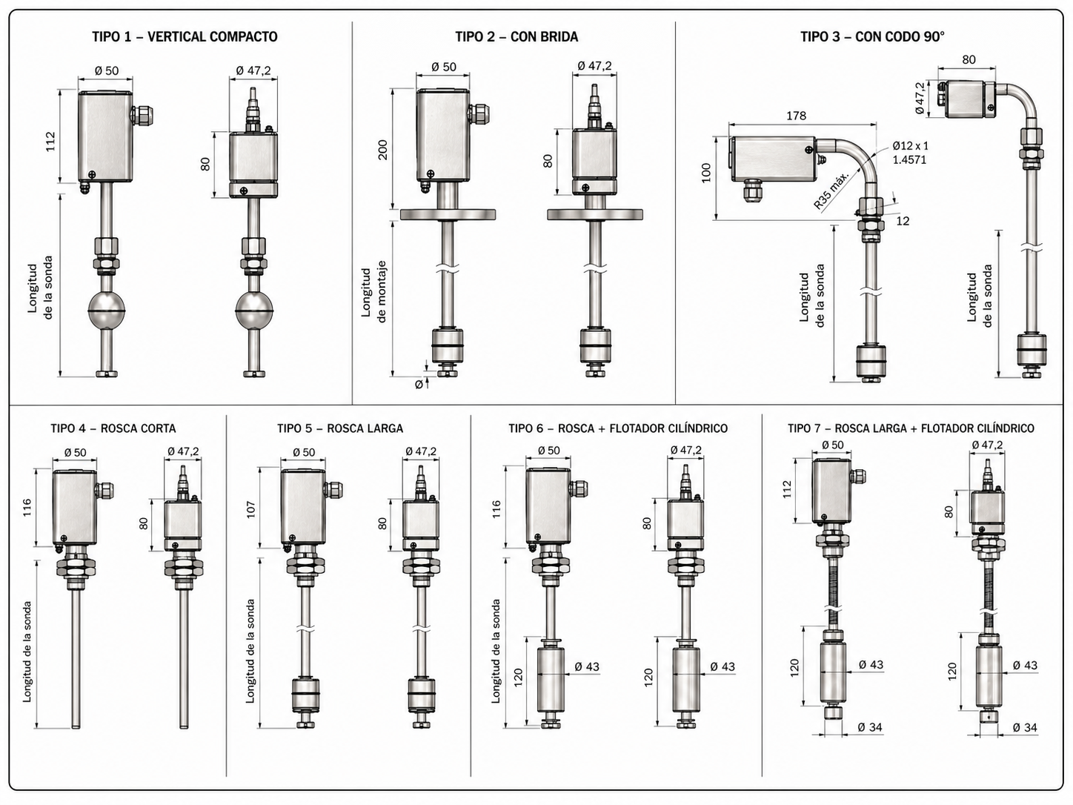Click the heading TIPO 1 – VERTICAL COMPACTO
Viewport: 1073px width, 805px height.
coord(185,36)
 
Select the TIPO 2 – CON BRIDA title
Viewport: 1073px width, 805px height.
coord(516,36)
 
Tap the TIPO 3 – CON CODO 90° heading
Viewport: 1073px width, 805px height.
coord(872,36)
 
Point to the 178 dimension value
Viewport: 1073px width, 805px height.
coord(796,116)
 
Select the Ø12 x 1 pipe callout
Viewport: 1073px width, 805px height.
coord(910,146)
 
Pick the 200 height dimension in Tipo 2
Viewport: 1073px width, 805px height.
coord(382,150)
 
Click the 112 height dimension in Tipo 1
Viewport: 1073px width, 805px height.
coord(50,141)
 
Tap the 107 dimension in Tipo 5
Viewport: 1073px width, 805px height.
coord(250,509)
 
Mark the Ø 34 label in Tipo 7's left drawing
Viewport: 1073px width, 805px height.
coord(870,727)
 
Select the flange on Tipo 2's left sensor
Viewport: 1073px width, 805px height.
coord(448,214)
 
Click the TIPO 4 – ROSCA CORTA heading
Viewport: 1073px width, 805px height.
coord(113,428)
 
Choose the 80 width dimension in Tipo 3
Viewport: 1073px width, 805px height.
coord(969,59)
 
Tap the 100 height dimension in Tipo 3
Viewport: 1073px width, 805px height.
coord(705,173)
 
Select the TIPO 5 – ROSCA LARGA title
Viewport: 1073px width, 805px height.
coord(340,428)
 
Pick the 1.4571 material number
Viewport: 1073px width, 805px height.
coord(909,159)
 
